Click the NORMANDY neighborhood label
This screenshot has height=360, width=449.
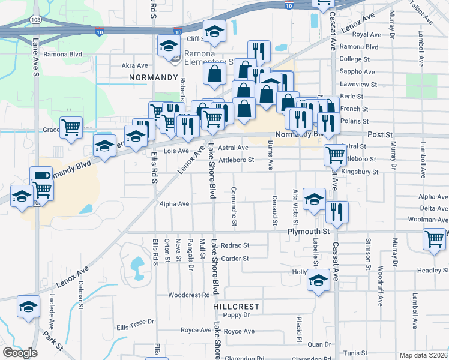tap(154, 78)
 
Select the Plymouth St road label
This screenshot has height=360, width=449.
tap(309, 231)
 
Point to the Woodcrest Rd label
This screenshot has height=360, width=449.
tap(188, 295)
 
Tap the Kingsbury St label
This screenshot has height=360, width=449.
tap(360, 172)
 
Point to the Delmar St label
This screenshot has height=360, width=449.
tap(80, 297)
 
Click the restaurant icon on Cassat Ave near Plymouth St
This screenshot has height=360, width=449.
tap(337, 211)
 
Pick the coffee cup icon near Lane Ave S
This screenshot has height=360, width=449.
tap(41, 175)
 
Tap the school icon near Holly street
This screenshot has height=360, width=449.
tap(318, 281)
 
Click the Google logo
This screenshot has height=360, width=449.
tap(20, 353)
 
